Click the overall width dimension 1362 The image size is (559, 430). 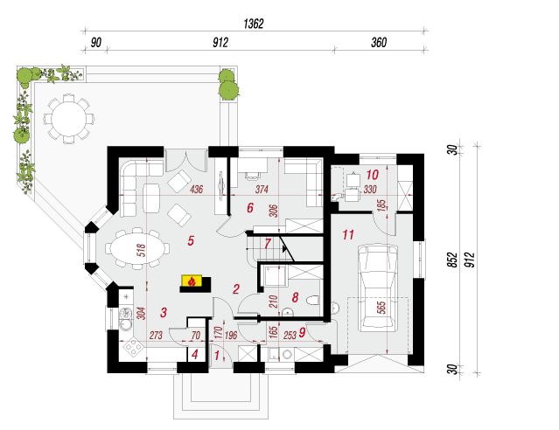pyautogui.click(x=255, y=24)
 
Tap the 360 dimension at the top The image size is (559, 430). pyautogui.click(x=379, y=41)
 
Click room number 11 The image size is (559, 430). pyautogui.click(x=347, y=234)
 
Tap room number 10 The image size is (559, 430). pyautogui.click(x=372, y=174)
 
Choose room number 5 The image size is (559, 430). pyautogui.click(x=192, y=239)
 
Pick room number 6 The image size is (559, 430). pyautogui.click(x=249, y=208)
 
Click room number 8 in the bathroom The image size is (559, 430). pyautogui.click(x=296, y=297)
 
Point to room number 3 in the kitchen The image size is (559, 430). pyautogui.click(x=163, y=312)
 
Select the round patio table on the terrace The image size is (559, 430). pyautogui.click(x=67, y=116)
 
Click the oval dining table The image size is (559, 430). pyautogui.click(x=134, y=247)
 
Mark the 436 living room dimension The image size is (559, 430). pyautogui.click(x=197, y=190)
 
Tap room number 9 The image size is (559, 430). pyautogui.click(x=302, y=331)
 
